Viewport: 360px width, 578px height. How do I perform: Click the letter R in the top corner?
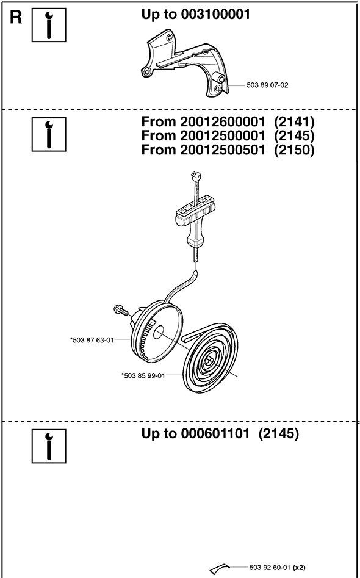(16, 18)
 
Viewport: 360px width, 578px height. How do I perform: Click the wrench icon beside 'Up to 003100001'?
(49, 25)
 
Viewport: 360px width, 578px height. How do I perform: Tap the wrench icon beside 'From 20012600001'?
(49, 134)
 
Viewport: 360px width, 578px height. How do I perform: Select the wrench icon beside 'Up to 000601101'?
(49, 446)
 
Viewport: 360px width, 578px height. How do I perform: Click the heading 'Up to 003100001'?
(196, 15)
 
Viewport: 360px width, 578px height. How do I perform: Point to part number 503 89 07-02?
(267, 85)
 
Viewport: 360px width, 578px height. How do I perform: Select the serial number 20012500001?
(223, 136)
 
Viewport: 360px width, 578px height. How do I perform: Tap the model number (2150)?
(293, 150)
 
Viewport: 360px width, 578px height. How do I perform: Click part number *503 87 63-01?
(92, 340)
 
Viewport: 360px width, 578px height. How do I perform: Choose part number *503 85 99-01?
(143, 375)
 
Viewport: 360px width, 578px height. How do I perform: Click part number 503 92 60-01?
(270, 566)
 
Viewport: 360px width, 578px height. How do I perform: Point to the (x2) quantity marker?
(299, 566)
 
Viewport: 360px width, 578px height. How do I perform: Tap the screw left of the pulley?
(121, 309)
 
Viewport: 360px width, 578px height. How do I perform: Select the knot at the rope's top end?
(194, 174)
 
